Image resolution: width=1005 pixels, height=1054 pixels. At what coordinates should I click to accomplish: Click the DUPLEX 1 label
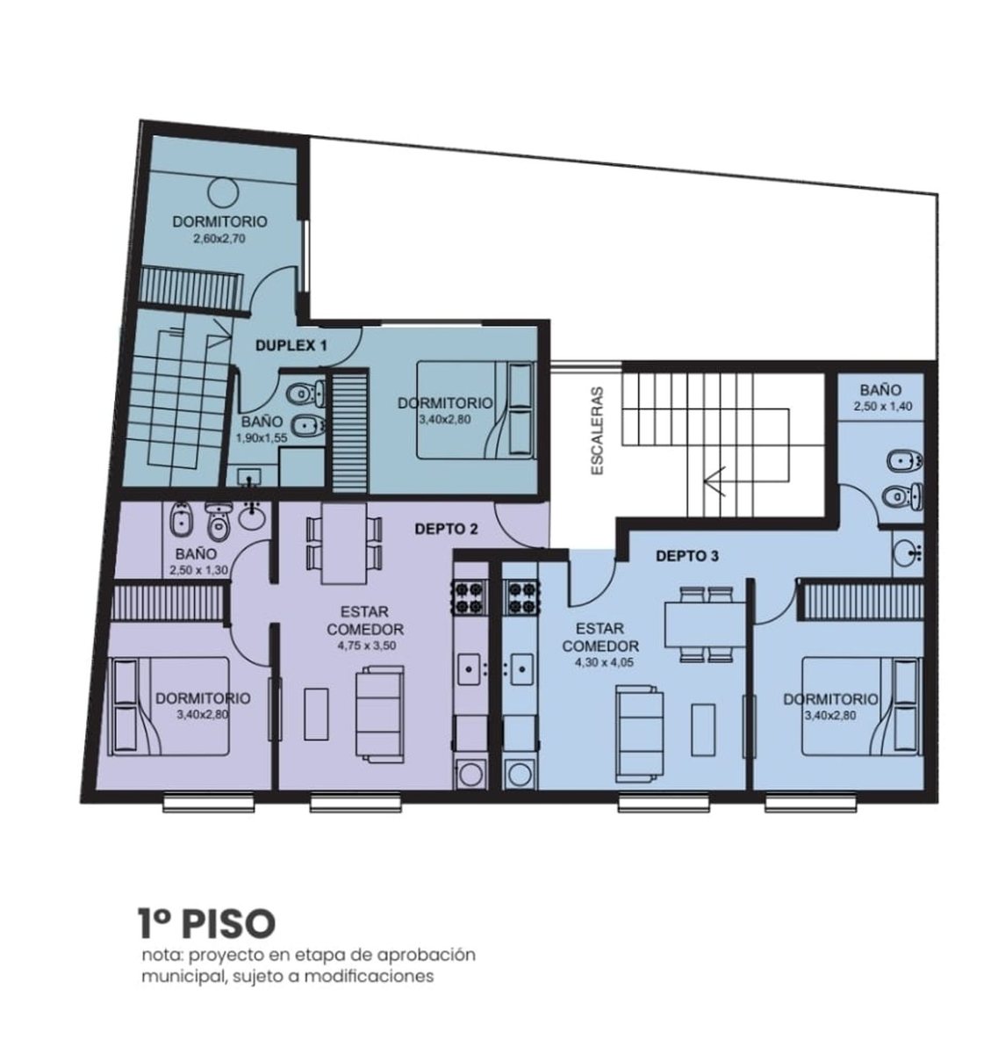tap(291, 346)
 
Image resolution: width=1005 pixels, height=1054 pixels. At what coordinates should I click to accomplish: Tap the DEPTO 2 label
tap(446, 529)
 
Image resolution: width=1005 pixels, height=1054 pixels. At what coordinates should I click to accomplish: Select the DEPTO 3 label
tap(687, 557)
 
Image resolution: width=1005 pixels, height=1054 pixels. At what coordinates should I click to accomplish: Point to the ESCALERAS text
tap(598, 431)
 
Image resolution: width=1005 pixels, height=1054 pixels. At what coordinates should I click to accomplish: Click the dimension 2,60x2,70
tap(219, 239)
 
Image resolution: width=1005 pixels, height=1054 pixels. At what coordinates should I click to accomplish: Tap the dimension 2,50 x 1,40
tap(883, 407)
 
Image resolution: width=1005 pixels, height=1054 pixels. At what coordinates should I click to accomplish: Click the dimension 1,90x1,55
tap(262, 438)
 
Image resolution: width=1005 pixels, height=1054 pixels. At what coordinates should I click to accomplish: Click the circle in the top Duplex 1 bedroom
tap(223, 192)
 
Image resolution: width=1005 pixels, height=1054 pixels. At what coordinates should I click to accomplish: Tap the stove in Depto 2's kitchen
tap(470, 597)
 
